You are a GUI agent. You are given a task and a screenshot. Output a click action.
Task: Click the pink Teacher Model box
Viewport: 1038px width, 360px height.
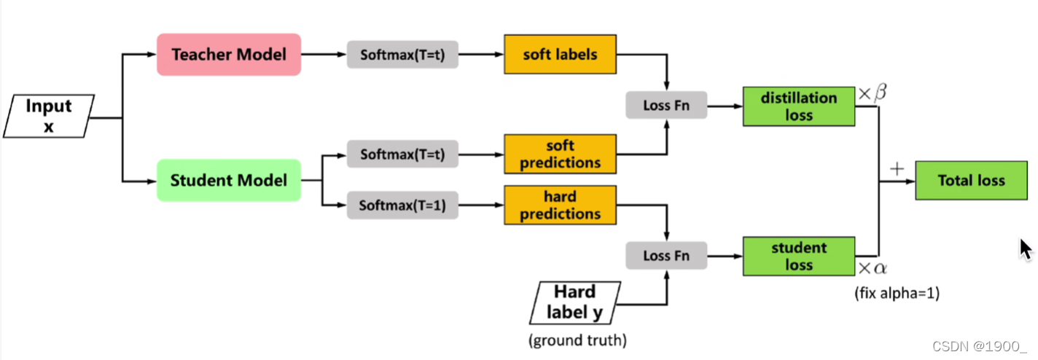[x=229, y=55]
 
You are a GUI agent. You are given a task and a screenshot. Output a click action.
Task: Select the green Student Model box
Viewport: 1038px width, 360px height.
[x=229, y=180]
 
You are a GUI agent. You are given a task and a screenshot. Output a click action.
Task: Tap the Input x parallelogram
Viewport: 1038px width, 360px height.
[x=49, y=116]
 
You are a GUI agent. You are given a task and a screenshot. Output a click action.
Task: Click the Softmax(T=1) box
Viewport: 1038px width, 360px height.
[x=402, y=206]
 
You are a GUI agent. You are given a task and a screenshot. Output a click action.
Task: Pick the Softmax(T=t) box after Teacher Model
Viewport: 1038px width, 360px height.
[x=402, y=55]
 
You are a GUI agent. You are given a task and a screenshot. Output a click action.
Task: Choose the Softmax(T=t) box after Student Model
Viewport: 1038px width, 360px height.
[x=402, y=154]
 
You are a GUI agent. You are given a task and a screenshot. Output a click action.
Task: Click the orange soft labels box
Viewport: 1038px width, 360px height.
[x=560, y=55]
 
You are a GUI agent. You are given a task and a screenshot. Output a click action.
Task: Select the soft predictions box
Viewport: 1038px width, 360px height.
[x=560, y=154]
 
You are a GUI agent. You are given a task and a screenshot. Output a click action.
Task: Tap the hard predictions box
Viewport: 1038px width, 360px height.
[x=560, y=206]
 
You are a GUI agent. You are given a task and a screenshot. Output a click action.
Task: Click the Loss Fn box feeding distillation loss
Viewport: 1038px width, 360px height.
[x=666, y=106]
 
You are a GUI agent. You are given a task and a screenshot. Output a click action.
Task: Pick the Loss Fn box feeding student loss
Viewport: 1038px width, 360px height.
[x=666, y=256]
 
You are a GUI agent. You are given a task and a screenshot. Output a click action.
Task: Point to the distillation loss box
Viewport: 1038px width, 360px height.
[x=799, y=106]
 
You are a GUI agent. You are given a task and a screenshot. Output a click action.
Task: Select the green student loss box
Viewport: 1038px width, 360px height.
[x=799, y=256]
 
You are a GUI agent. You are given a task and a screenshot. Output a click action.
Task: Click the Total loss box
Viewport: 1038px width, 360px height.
[x=971, y=181]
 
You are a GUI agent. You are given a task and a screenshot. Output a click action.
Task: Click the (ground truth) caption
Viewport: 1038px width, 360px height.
[x=577, y=340]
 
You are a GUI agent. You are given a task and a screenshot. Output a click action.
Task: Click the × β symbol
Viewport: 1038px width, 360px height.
[x=872, y=93]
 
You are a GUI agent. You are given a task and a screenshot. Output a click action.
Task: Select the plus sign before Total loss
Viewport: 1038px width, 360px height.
[x=897, y=170]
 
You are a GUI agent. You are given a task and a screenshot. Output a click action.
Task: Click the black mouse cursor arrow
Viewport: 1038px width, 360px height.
[x=1025, y=248]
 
